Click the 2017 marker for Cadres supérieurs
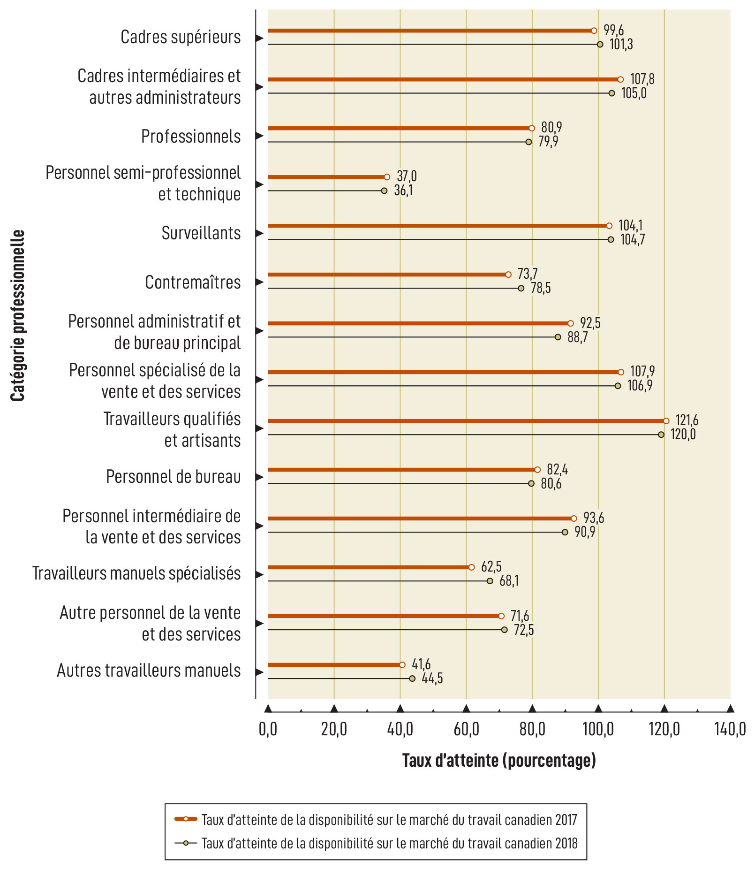pos(594,31)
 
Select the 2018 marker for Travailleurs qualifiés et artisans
pos(661,435)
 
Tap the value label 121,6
pos(687,420)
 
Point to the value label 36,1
pos(403,191)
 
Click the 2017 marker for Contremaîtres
pos(508,275)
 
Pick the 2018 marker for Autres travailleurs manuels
pos(412,679)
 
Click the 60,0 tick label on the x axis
pos(466,730)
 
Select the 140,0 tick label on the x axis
pos(730,730)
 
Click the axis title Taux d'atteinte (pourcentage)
pos(499,760)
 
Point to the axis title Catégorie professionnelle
pos(18,315)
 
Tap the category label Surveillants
pos(201,233)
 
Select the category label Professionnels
pos(191,137)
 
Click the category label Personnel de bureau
pos(173,477)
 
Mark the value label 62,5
pos(491,566)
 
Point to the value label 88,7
pos(577,337)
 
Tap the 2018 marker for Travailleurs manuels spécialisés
pos(490,581)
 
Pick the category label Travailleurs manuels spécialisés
pos(136,573)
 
